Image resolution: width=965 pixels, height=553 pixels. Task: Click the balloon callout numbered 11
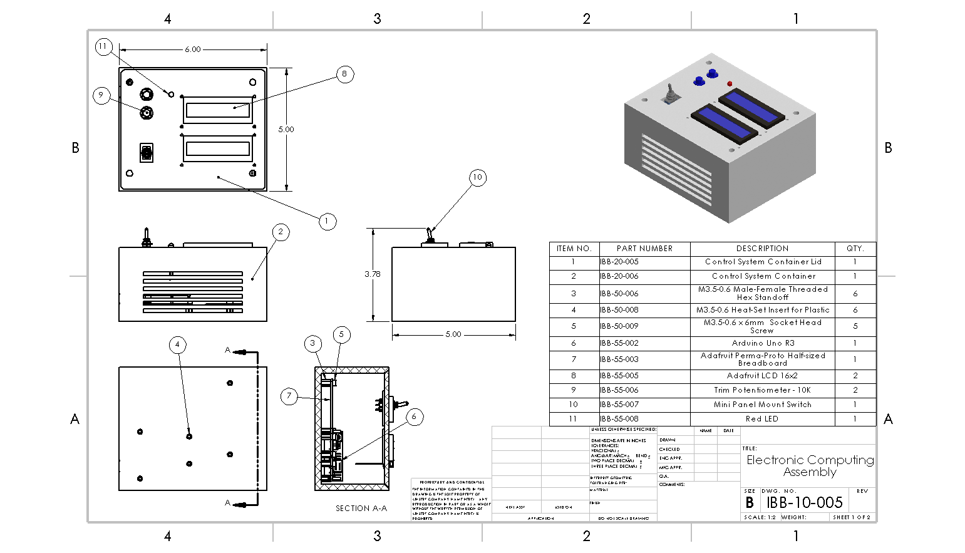coord(103,46)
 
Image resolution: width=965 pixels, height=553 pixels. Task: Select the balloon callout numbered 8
coord(344,75)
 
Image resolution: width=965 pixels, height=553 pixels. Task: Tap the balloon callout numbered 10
coord(478,177)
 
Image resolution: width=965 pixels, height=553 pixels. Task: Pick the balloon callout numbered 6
coord(414,416)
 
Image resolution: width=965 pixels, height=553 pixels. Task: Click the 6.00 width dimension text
coord(193,49)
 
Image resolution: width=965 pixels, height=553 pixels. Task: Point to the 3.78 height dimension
coord(373,274)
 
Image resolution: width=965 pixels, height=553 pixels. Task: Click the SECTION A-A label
coord(361,509)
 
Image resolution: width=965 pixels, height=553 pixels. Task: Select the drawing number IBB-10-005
coord(805,502)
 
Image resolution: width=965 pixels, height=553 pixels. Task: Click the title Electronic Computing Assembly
coord(810,466)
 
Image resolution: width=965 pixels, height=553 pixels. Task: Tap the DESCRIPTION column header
coord(762,249)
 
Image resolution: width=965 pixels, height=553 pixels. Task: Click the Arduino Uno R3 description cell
coord(763,343)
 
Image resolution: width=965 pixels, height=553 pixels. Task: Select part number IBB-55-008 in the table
coord(619,419)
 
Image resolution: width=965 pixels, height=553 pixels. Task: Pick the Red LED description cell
coord(762,419)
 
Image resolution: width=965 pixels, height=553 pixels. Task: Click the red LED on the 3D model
coord(730,83)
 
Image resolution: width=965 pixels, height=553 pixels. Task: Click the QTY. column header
coord(855,249)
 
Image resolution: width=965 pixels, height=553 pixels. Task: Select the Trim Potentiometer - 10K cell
coord(762,390)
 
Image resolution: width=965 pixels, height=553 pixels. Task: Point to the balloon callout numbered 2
coord(281,232)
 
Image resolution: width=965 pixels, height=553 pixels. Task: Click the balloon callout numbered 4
coord(177,344)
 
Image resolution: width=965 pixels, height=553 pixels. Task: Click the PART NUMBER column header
coord(644,249)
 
